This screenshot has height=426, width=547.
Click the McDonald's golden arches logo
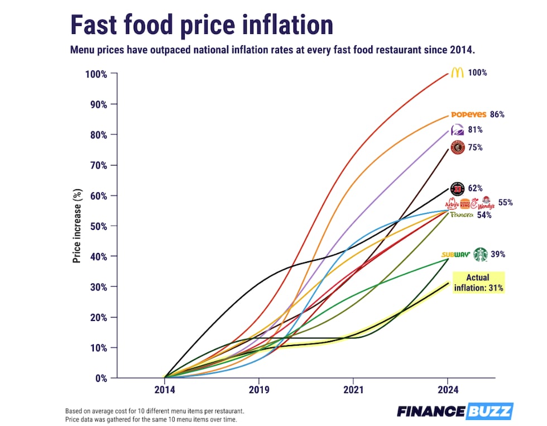pyautogui.click(x=457, y=73)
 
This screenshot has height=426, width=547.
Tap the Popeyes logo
pyautogui.click(x=468, y=114)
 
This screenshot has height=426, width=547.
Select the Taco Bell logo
pyautogui.click(x=456, y=131)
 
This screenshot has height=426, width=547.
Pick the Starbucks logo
pyautogui.click(x=480, y=255)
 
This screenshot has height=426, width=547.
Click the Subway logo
pyautogui.click(x=455, y=255)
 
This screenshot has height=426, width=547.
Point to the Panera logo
pyautogui.click(x=462, y=215)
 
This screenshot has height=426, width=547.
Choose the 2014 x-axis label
pyautogui.click(x=165, y=390)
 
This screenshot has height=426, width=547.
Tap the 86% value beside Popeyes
pyautogui.click(x=497, y=114)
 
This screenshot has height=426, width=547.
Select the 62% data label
pyautogui.click(x=475, y=189)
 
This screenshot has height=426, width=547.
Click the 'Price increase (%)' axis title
pyautogui.click(x=77, y=226)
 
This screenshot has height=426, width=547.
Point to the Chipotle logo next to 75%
pyautogui.click(x=457, y=148)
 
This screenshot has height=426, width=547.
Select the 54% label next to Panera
pyautogui.click(x=484, y=215)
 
